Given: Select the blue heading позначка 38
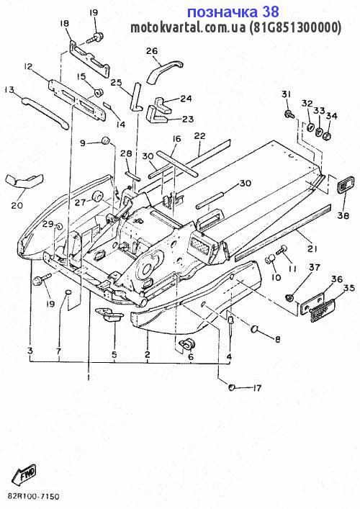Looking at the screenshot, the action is pyautogui.click(x=233, y=12).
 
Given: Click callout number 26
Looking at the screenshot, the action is pyautogui.click(x=152, y=51).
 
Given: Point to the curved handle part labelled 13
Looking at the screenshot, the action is pyautogui.click(x=45, y=112).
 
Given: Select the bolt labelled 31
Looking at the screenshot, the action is pyautogui.click(x=289, y=114).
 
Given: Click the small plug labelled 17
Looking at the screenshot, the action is pyautogui.click(x=232, y=387).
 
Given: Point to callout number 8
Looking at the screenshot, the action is pyautogui.click(x=278, y=340).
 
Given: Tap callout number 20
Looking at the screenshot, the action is pyautogui.click(x=17, y=205).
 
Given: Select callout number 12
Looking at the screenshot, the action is pyautogui.click(x=28, y=67).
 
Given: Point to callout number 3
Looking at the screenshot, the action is pyautogui.click(x=30, y=351).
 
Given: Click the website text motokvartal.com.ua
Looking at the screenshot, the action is pyautogui.click(x=188, y=28).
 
